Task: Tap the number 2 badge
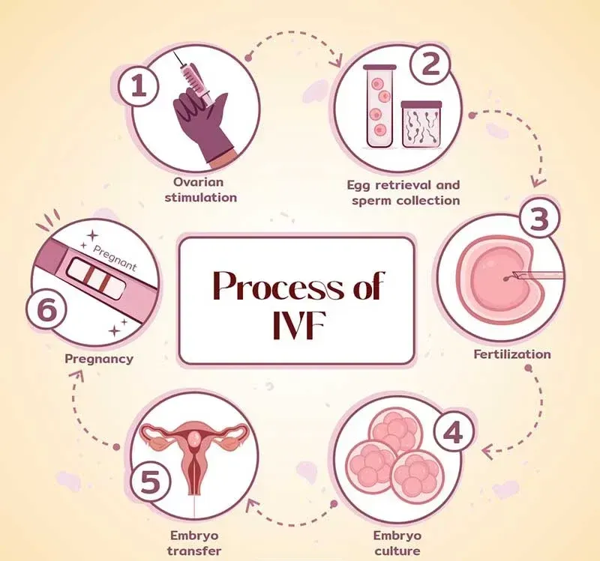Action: coord(430,66)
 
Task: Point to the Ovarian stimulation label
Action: coord(202,190)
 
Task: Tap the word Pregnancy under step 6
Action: coord(99,358)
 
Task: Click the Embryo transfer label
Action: coord(194,544)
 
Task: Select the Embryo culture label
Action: coord(397,544)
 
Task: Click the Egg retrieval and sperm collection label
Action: coord(403,192)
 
